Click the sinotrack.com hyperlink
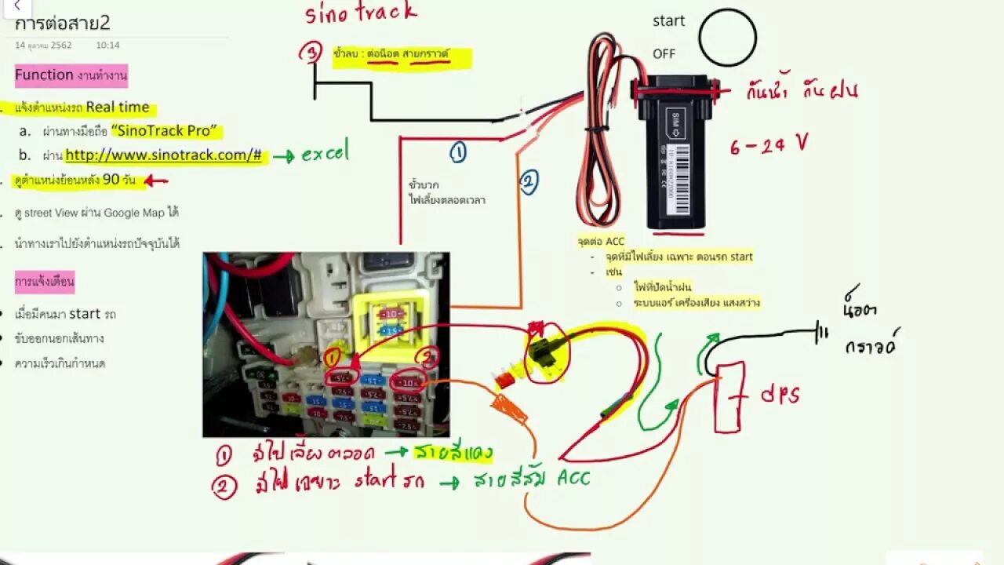point(163,155)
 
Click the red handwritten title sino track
point(361,13)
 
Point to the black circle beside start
point(727,37)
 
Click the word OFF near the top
point(664,54)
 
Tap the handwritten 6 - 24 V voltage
point(768,145)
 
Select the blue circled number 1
point(458,152)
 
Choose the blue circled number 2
point(528,183)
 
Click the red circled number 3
point(311,53)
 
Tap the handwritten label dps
point(780,394)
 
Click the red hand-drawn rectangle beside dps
point(728,397)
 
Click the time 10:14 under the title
point(108,46)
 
